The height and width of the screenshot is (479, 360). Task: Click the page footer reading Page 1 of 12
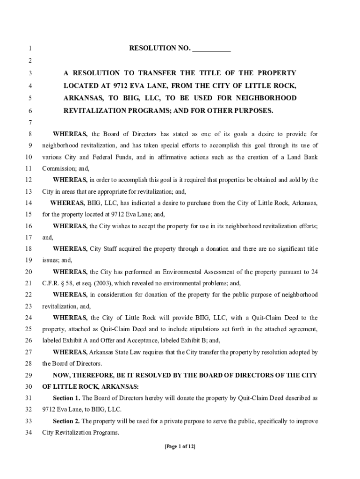pyautogui.click(x=180, y=447)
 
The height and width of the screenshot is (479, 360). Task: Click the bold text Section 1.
pyautogui.click(x=66, y=398)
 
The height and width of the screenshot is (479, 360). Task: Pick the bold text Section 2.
pyautogui.click(x=66, y=421)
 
